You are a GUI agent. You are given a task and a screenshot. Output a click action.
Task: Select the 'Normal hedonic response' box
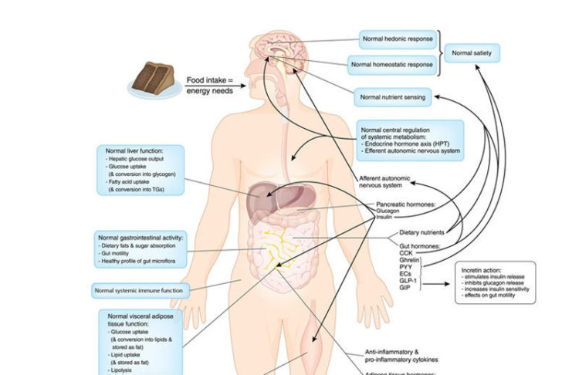pos(398,38)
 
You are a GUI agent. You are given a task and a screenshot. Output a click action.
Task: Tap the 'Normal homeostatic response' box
pos(392,64)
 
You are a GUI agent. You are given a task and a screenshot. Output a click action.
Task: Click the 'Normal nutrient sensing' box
pos(392,97)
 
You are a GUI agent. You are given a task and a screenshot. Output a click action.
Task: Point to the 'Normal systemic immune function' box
pos(138,291)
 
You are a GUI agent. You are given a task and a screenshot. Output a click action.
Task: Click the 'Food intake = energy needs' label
pos(208,86)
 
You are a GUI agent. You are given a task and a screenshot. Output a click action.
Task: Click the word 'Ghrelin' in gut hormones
pos(409,261)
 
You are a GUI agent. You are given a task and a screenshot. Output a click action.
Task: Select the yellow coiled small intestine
pos(275,245)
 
